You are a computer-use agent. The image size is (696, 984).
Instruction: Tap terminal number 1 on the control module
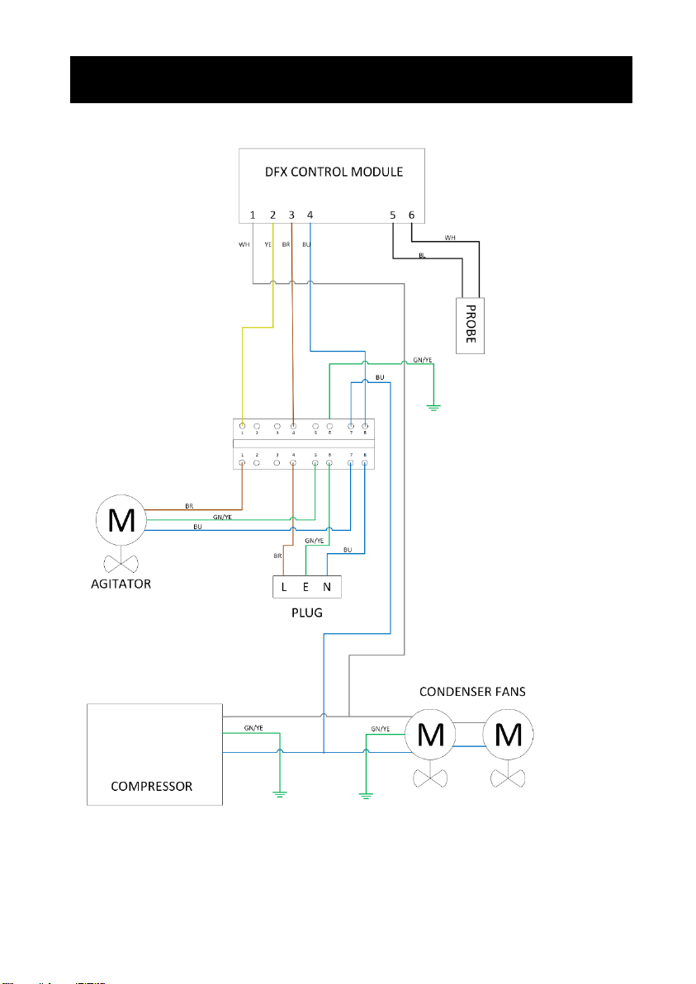[253, 215]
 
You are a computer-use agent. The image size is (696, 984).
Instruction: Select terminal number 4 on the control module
[310, 215]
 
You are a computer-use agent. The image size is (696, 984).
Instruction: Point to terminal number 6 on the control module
[411, 215]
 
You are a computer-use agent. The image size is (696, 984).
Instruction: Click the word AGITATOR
[122, 584]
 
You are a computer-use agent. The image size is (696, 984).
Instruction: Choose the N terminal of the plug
[327, 588]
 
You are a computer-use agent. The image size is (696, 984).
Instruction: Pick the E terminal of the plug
[306, 588]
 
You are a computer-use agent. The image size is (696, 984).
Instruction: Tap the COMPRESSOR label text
[152, 786]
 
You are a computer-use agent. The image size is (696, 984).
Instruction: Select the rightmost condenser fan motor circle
[508, 733]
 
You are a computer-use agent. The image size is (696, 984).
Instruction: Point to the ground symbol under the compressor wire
[281, 794]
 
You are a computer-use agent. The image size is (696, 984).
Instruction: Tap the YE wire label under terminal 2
[268, 244]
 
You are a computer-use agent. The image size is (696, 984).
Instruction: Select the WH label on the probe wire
[449, 237]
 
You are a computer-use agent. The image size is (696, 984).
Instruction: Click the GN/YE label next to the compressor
[253, 729]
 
